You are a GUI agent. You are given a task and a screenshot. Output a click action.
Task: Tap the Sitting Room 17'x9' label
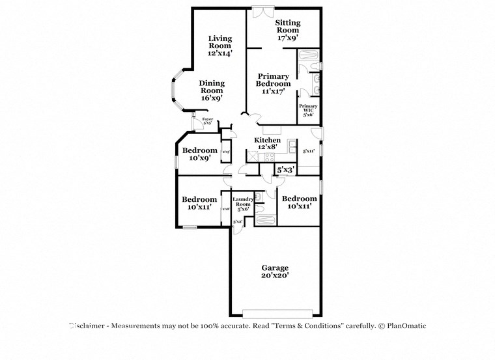point(287,30)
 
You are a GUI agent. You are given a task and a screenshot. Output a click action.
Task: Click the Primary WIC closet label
point(308,110)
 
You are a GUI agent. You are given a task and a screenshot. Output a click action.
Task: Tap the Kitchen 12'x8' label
point(268,143)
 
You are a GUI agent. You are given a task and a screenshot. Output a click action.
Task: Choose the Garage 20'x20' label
point(275,271)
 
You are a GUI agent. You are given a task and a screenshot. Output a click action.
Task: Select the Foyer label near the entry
point(207,121)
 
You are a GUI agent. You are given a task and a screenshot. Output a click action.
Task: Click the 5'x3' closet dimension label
point(286,170)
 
